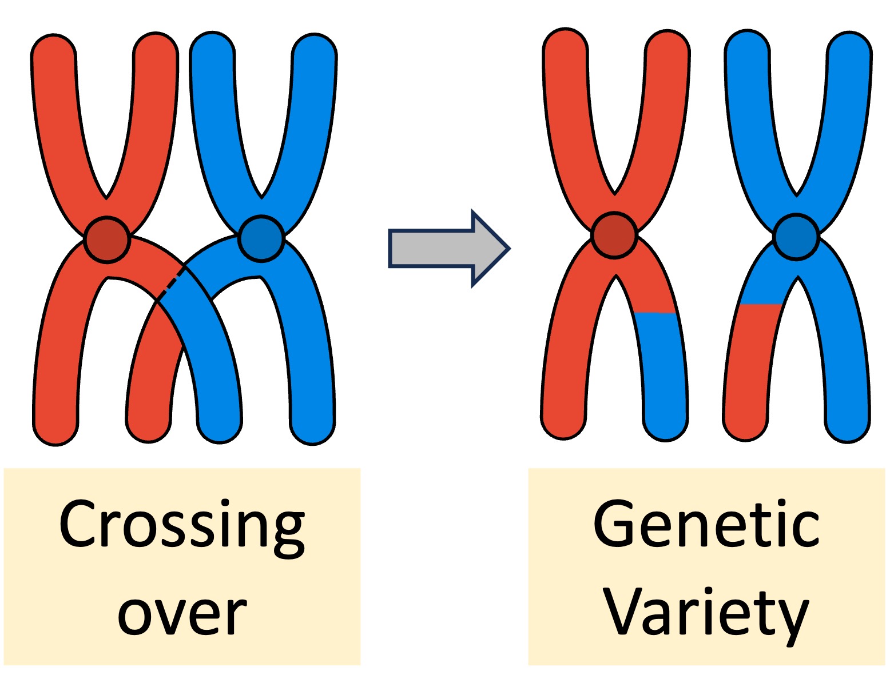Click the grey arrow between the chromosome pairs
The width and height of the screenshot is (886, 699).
[x=440, y=249]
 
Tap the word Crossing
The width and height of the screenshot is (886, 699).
[x=182, y=525]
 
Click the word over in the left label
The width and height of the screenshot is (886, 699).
[x=182, y=616]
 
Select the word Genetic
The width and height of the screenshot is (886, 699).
[x=706, y=525]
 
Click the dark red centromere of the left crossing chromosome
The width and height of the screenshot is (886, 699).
[x=107, y=239]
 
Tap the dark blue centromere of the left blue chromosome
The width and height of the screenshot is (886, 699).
[x=261, y=238]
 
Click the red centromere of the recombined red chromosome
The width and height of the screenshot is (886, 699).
[x=614, y=235]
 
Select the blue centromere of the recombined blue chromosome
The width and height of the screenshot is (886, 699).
[x=796, y=236]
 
